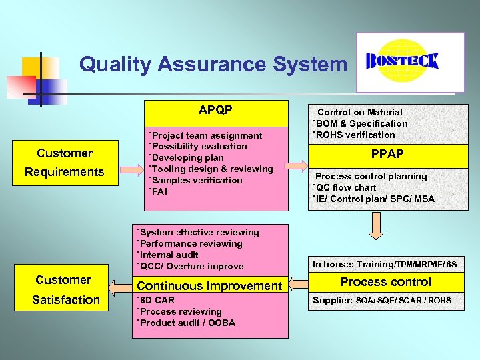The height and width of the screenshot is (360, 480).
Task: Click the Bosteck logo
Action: pyautogui.click(x=409, y=61)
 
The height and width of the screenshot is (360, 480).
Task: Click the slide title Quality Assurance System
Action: pyautogui.click(x=213, y=64)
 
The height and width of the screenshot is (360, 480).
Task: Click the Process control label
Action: pyautogui.click(x=386, y=282)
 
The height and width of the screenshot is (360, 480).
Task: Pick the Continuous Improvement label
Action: pyautogui.click(x=209, y=286)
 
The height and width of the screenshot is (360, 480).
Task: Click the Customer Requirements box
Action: pyautogui.click(x=65, y=163)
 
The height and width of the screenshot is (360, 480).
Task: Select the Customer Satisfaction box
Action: pyautogui.click(x=65, y=290)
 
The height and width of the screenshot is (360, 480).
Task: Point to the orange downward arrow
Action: pyautogui.click(x=377, y=226)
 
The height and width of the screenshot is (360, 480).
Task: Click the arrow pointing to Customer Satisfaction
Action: pyautogui.click(x=121, y=287)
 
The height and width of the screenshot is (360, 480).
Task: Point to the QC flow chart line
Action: pyautogui.click(x=345, y=187)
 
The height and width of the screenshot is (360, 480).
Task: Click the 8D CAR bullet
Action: pyautogui.click(x=156, y=300)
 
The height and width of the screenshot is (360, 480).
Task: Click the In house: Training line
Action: pyautogui.click(x=385, y=265)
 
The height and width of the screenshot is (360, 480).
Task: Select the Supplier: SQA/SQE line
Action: pyautogui.click(x=382, y=301)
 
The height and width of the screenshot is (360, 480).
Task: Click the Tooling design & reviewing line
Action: pyautogui.click(x=211, y=169)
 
